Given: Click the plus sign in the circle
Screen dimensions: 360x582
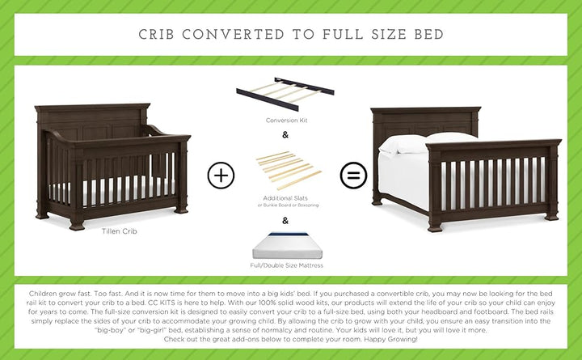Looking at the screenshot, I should click(221, 175).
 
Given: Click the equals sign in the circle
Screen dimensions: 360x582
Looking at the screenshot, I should click(353, 175).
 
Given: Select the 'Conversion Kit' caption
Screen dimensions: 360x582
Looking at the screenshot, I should click(288, 121).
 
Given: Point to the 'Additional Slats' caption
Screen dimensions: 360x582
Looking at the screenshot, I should click(288, 197).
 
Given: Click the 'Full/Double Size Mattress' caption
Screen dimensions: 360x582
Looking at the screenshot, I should click(288, 265).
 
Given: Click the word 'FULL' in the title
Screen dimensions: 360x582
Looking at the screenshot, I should click(330, 35).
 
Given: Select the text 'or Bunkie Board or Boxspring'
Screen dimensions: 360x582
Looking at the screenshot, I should click(288, 205).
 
